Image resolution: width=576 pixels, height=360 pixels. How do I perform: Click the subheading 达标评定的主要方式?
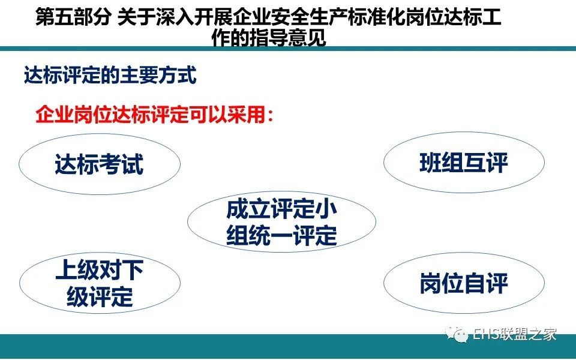point(110,76)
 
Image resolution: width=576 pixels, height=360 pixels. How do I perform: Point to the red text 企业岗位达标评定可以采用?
point(150,115)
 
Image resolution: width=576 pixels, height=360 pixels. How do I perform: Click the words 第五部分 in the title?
point(73,17)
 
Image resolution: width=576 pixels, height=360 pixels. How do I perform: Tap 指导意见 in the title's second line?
point(287,37)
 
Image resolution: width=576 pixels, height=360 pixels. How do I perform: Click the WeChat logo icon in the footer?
point(457,334)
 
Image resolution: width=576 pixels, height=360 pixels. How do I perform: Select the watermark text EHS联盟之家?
point(514,334)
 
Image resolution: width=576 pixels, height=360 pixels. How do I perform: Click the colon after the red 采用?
point(270,115)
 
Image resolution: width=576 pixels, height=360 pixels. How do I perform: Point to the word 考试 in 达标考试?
point(121,164)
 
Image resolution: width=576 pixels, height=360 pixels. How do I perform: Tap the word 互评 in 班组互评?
point(485,163)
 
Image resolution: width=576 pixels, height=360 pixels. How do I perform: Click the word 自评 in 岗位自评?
point(485,283)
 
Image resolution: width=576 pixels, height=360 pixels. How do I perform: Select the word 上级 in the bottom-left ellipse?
point(77,270)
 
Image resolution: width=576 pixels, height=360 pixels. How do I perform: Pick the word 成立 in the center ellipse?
point(248,209)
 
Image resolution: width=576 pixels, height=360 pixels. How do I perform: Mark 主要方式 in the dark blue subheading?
point(158,76)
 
